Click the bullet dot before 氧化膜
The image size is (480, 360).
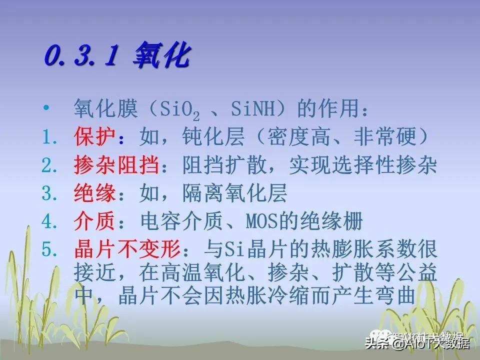(47, 108)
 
